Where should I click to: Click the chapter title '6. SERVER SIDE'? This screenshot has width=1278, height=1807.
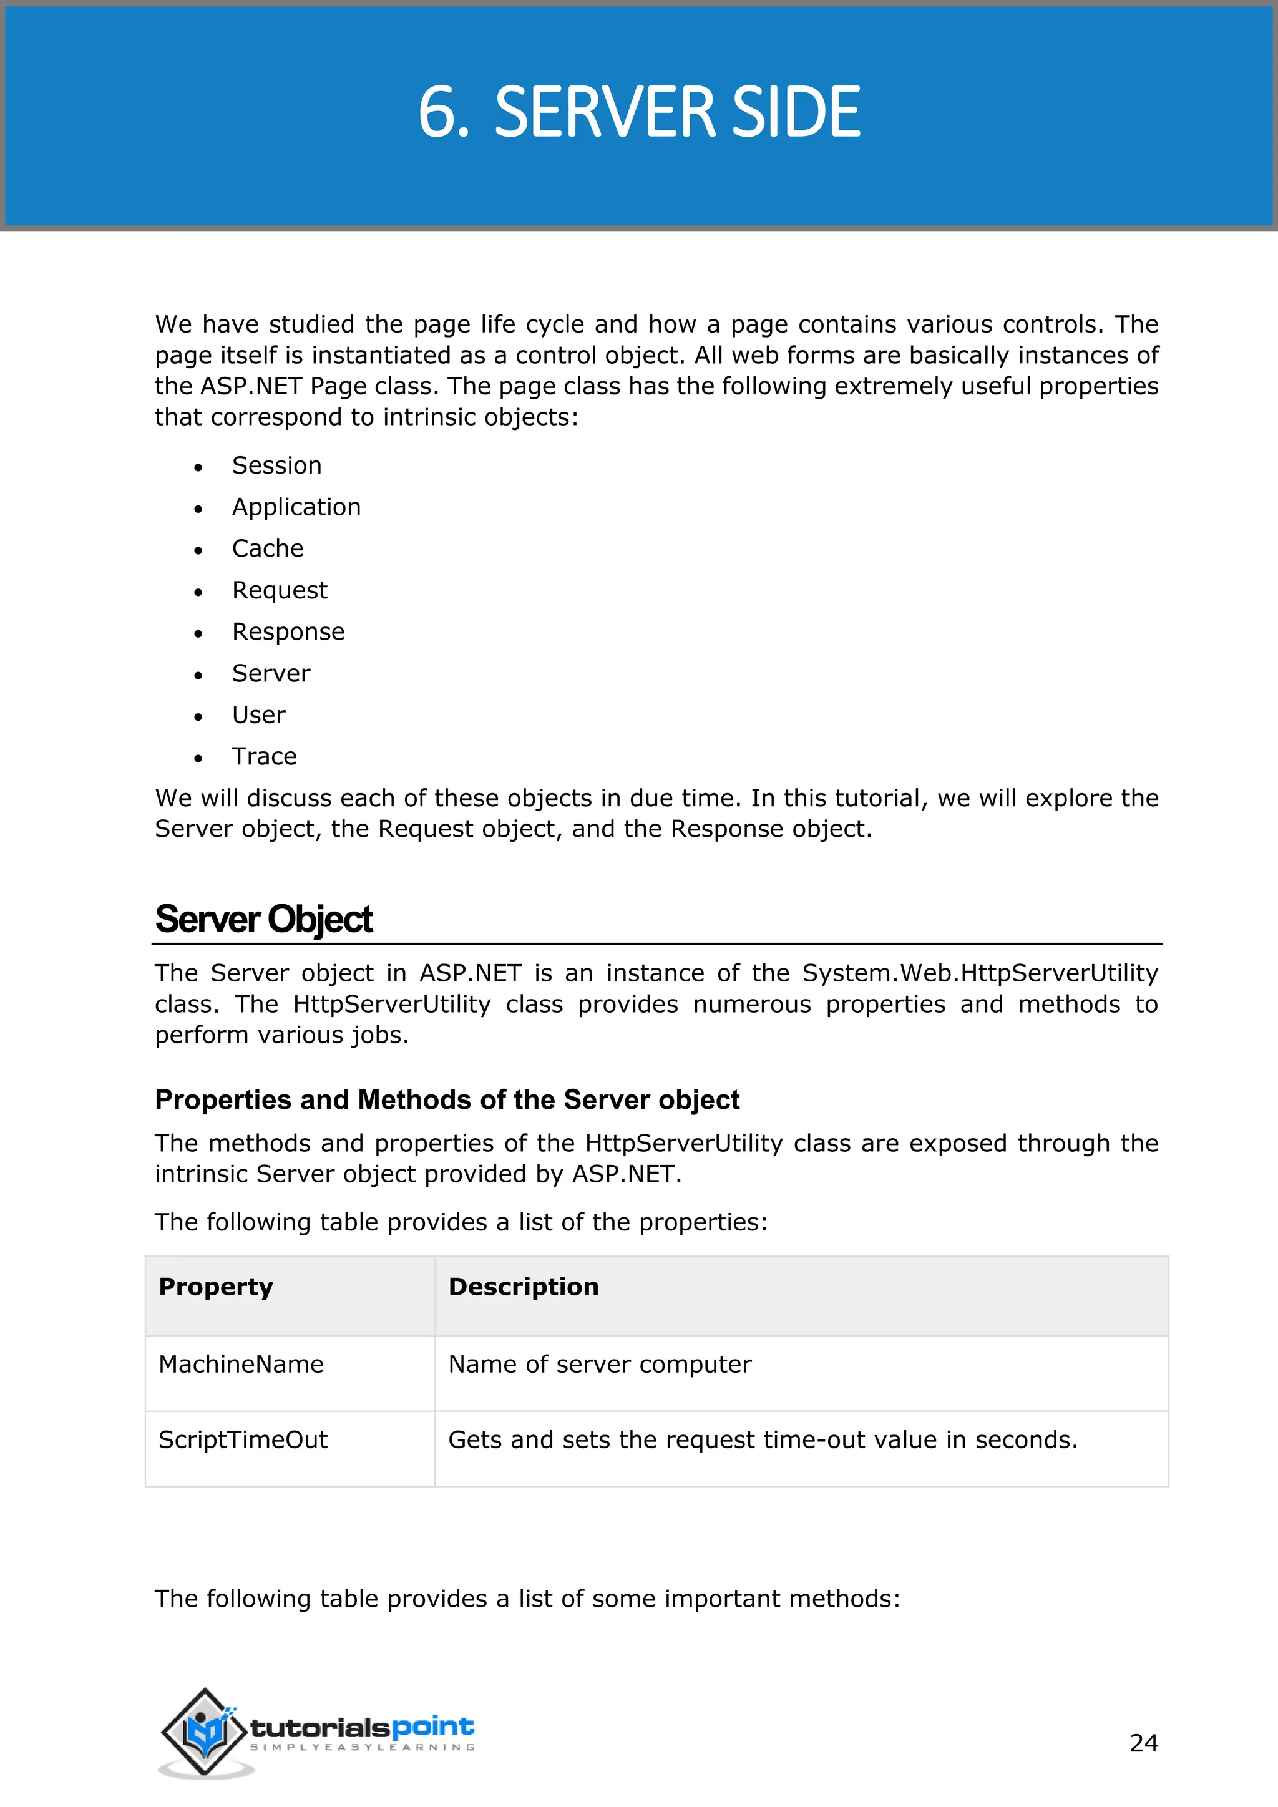click(639, 112)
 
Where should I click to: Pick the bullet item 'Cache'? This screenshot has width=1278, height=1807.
click(268, 548)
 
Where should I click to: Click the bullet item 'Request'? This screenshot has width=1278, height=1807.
click(280, 590)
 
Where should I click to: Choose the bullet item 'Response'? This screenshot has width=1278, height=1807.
click(288, 632)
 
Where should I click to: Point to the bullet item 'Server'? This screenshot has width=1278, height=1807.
click(271, 674)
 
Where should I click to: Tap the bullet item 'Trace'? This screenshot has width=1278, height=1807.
click(265, 757)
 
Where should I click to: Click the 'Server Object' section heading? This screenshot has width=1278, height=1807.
click(263, 919)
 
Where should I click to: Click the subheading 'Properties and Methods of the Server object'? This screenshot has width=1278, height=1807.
click(447, 1099)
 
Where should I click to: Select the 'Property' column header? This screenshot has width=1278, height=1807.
click(216, 1287)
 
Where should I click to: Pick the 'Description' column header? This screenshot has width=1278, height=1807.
click(524, 1287)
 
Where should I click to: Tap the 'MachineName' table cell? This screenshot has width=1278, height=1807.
click(241, 1364)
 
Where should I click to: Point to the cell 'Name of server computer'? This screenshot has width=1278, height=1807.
click(600, 1364)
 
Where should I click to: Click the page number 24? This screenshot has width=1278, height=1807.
click(1143, 1743)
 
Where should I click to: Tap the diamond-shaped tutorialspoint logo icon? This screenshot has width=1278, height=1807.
click(205, 1732)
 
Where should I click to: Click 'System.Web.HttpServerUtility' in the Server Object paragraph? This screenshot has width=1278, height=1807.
click(980, 973)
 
